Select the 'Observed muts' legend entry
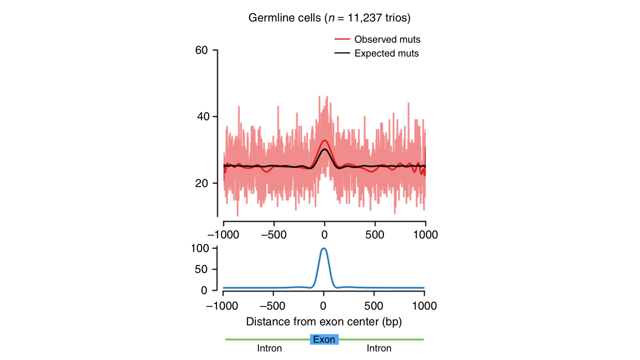coord(387,39)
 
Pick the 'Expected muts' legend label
coord(386,53)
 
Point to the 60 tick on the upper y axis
coord(202,50)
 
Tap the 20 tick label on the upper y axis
coord(202,183)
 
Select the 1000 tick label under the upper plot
coord(425,235)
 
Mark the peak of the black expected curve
coord(324,150)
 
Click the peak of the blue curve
coord(324,248)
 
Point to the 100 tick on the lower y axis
coord(200,248)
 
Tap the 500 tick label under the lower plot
coord(374,306)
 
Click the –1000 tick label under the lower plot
coord(222,306)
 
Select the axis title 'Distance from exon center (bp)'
coord(324,322)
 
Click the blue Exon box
coord(324,339)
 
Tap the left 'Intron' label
coord(269,348)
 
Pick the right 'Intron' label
coord(379,348)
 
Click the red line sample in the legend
coord(342,39)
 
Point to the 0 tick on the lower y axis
coord(204,291)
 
